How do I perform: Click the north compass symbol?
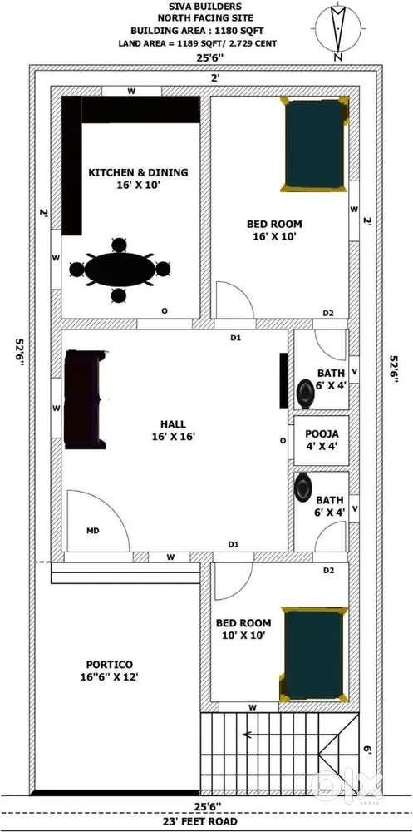click(338, 29)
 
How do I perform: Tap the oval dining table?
click(120, 270)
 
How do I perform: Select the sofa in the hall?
click(84, 399)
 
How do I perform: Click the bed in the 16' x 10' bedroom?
click(315, 144)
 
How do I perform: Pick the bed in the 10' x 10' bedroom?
click(314, 654)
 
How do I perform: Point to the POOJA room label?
click(318, 433)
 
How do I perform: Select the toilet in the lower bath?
click(304, 487)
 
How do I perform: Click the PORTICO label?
click(109, 664)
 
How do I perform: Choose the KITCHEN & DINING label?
click(138, 172)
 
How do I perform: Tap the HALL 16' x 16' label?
click(174, 430)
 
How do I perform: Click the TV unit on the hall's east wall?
click(283, 381)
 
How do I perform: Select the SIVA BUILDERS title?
click(207, 7)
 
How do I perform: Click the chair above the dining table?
click(120, 245)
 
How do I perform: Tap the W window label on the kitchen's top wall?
click(131, 92)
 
